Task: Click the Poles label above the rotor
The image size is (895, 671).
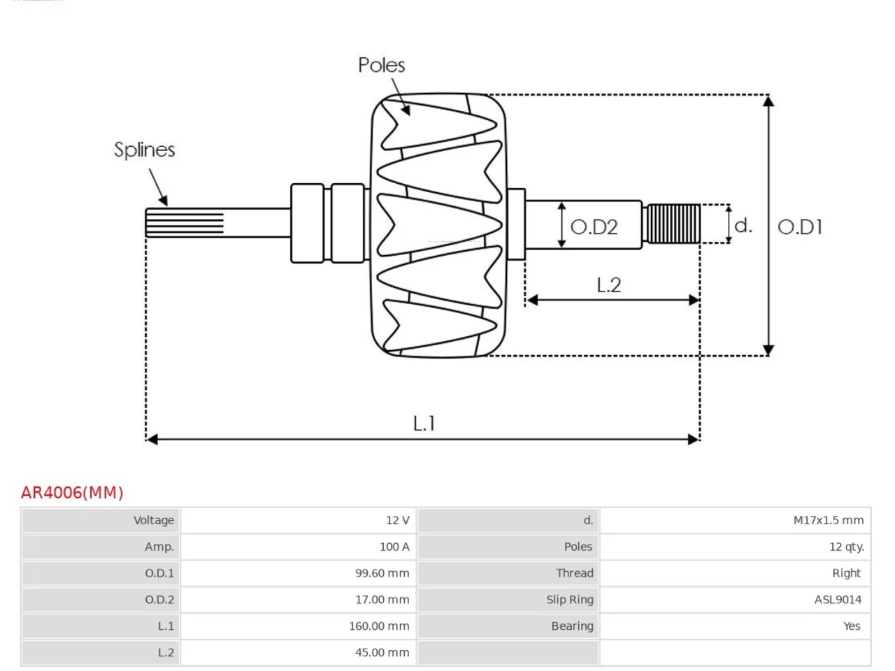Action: coord(381,65)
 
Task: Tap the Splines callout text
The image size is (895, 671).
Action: coord(144,150)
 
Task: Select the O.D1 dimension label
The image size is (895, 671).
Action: coord(800,227)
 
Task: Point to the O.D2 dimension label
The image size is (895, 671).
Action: coord(594,227)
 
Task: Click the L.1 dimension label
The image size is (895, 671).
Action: coord(424,424)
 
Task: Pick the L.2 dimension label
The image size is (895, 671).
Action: coord(609,284)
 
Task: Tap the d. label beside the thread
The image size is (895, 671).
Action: coord(743,225)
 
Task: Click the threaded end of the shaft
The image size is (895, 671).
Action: coord(673,224)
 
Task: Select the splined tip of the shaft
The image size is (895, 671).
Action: coord(185,223)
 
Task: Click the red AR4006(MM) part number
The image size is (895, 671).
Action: coord(72,493)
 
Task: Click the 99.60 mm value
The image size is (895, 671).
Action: coord(382,573)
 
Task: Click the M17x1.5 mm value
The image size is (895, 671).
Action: coord(828,520)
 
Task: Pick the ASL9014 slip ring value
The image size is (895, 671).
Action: coord(838,600)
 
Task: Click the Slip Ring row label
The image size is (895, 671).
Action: coord(570,600)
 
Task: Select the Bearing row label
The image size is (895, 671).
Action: coord(572,626)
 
